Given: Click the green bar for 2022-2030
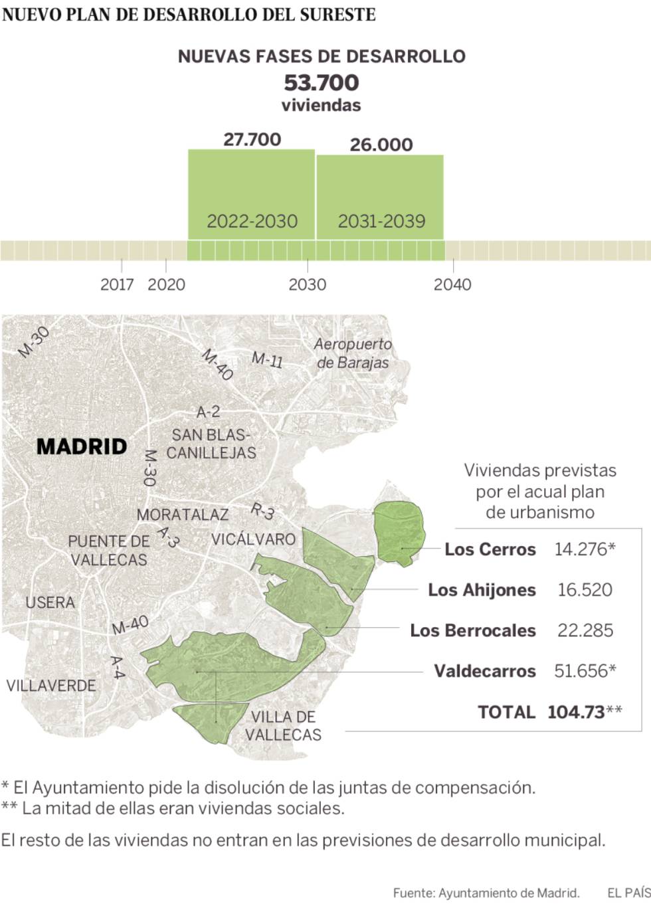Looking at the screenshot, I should click(251, 193).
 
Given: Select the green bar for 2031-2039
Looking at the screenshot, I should click(380, 196).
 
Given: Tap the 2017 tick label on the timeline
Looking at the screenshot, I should click(117, 284).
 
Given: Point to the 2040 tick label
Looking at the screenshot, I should click(452, 284).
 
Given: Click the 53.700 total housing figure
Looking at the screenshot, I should click(322, 83).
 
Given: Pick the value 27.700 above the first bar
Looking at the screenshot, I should click(252, 139).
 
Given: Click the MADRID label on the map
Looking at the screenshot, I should click(82, 446).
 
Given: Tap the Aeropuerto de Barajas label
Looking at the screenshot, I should click(353, 353).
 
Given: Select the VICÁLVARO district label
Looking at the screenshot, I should click(253, 539).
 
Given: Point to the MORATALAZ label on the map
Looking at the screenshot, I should click(182, 514).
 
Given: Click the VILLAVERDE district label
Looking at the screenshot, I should click(51, 685).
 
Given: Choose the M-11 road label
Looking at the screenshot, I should click(267, 359).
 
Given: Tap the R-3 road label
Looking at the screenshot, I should click(262, 511).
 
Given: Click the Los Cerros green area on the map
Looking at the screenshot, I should click(399, 531).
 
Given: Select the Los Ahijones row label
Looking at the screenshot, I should click(482, 590).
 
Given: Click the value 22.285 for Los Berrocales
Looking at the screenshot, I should click(585, 630).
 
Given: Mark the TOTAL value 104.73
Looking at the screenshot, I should click(576, 712).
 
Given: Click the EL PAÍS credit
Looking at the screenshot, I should click(628, 893).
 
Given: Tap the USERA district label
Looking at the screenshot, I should click(50, 602).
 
